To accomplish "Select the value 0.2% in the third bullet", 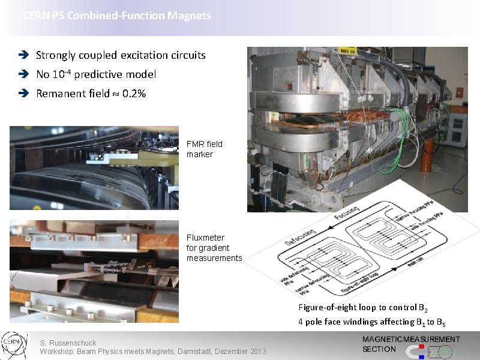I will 134,94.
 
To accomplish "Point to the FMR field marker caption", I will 205,149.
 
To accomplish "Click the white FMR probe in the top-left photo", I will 102,157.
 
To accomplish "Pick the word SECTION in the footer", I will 379,349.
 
